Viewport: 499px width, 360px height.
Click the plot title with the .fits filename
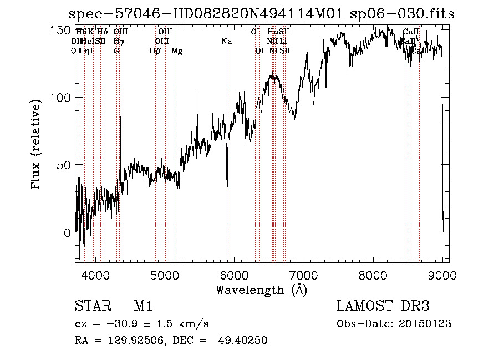point(261,14)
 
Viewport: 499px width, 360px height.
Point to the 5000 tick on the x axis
point(164,275)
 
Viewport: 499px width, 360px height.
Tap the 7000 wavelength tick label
point(303,275)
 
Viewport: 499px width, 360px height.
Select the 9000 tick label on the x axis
point(442,275)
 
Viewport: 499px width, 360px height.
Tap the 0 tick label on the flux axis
point(68,233)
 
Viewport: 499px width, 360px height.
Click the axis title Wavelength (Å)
point(261,290)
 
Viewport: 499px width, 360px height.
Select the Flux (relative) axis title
point(37,145)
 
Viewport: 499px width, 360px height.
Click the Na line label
point(227,42)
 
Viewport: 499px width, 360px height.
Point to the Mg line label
point(177,51)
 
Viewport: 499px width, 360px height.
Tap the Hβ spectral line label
point(155,51)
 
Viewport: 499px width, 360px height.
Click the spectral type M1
point(143,306)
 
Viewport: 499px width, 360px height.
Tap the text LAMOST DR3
point(383,306)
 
